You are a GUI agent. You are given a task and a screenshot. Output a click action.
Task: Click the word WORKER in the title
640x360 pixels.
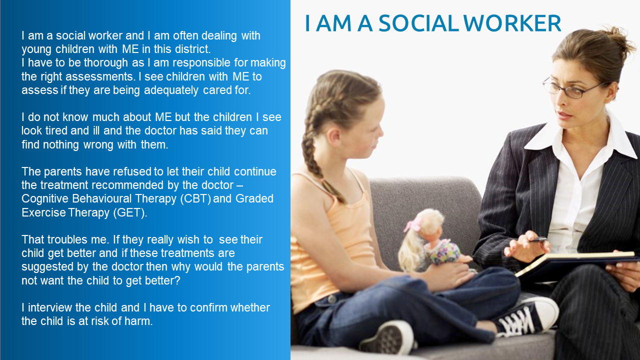[x=512, y=23]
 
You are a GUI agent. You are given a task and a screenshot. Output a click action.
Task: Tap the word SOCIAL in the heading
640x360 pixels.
[x=418, y=23]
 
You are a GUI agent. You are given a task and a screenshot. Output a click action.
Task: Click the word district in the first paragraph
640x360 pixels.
[x=192, y=49]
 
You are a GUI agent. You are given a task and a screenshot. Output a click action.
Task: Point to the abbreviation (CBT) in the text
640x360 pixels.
[x=195, y=199]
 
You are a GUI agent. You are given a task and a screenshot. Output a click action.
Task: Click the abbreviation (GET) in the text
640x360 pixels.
[x=129, y=212]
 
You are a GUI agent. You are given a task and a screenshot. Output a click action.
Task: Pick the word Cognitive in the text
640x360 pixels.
[x=45, y=199]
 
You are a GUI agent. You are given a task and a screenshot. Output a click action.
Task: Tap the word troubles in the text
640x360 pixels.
[x=68, y=239]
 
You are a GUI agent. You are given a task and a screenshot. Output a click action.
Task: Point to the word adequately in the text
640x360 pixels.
[x=171, y=90]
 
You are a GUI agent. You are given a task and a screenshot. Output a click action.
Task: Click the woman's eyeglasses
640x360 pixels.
[x=572, y=87]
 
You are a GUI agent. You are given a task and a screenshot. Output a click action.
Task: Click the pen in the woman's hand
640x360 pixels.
[x=537, y=239]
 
